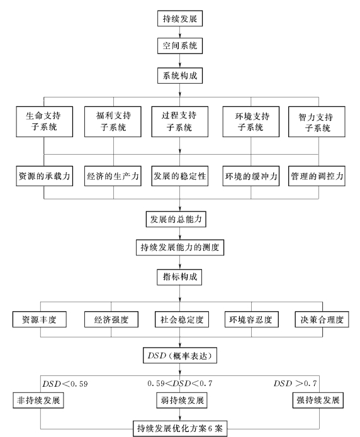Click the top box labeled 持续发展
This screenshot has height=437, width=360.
180,18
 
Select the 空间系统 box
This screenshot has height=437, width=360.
180,46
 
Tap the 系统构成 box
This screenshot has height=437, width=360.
180,75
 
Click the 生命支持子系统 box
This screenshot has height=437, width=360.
45,121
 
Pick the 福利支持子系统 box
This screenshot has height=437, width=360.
113,121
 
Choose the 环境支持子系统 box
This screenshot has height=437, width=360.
251,121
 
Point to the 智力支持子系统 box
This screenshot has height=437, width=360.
317,121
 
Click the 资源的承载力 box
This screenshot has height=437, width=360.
45,176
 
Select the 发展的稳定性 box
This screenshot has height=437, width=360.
180,176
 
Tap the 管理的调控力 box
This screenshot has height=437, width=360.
317,176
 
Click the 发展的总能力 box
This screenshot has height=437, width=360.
176,219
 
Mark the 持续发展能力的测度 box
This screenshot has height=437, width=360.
180,247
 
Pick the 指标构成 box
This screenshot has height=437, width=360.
179,277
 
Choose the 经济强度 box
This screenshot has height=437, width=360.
111,319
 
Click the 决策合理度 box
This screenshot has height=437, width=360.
322,319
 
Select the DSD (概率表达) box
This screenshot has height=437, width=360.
180,355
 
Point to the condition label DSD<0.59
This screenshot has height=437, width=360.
65,384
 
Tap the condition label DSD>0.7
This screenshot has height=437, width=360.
295,384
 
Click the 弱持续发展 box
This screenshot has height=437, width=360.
182,400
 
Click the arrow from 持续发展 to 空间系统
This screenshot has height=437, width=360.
180,32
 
